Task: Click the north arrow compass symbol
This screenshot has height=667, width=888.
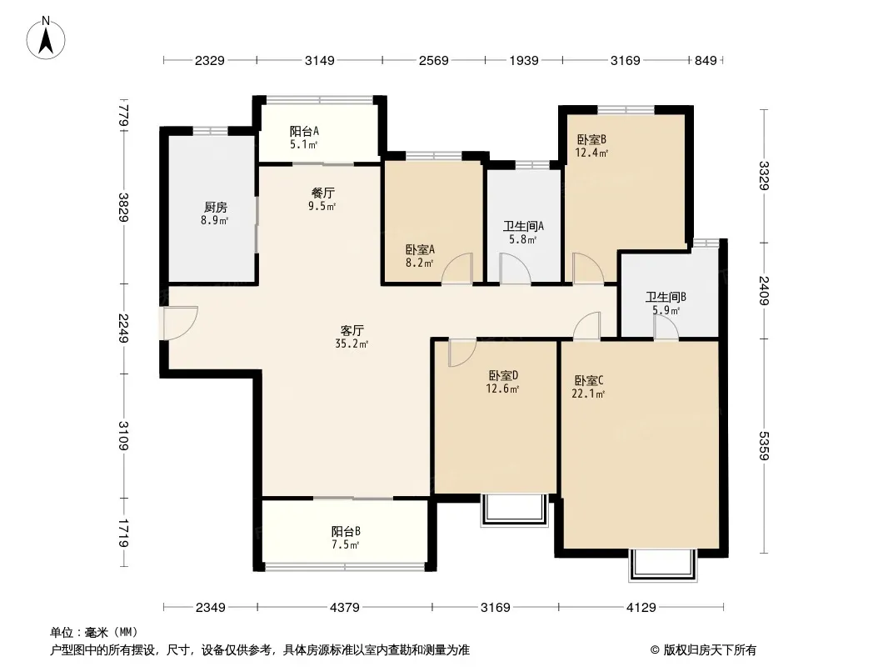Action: (46, 38)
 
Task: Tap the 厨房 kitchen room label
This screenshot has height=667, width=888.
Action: (216, 208)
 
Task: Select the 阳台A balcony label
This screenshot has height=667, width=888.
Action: (304, 131)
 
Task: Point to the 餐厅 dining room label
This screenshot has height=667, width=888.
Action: (323, 193)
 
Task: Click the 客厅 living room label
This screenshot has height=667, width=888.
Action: (352, 330)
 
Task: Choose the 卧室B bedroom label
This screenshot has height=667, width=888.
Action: (591, 139)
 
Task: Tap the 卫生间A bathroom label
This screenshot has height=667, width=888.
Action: (523, 226)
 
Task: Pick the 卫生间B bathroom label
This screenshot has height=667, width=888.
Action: (666, 296)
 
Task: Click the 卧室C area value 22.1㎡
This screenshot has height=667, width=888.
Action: (588, 394)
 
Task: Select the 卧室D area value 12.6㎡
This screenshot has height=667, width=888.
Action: (502, 389)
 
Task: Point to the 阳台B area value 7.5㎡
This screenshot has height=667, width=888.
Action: (346, 545)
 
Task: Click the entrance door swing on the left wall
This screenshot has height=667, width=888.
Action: (180, 323)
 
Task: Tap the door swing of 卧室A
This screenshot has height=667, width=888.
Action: (457, 268)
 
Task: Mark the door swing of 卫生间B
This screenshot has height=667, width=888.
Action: (666, 328)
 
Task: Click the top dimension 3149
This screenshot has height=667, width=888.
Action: (319, 60)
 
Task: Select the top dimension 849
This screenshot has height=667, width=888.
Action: (706, 60)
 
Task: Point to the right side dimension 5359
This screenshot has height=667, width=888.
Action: (764, 445)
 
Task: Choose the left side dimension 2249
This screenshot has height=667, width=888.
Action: (123, 328)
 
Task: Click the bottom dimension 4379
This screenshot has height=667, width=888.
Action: (344, 608)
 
